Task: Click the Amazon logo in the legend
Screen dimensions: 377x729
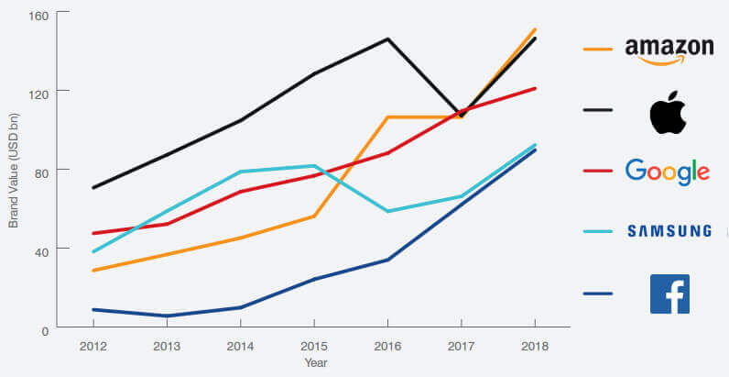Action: click(x=669, y=50)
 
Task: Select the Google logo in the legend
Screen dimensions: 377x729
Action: click(x=667, y=172)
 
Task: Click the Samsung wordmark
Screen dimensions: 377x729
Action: click(x=669, y=231)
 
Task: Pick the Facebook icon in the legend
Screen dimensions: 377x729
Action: click(x=669, y=294)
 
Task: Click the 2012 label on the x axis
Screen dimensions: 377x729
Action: click(x=93, y=347)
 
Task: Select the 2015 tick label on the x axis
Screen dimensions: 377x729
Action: click(x=314, y=347)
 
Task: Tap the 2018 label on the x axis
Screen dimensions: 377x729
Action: click(x=535, y=347)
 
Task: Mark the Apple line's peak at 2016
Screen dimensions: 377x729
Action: click(x=388, y=39)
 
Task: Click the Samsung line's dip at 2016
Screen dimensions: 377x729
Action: click(x=388, y=212)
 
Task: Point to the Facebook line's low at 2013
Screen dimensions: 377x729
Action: click(x=167, y=316)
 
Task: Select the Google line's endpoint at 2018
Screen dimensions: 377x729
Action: click(x=535, y=88)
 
